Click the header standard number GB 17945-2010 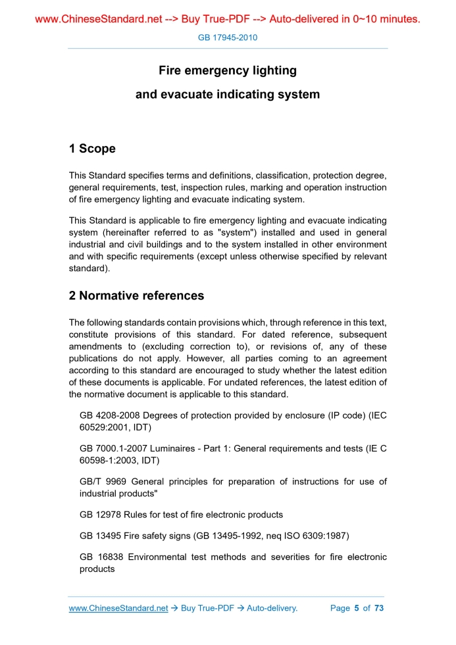click(x=228, y=38)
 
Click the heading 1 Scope click(x=92, y=149)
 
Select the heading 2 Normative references click(x=136, y=296)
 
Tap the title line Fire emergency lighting click(x=228, y=70)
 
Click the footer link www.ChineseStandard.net click(x=118, y=608)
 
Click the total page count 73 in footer click(x=378, y=608)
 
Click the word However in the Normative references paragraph click(x=205, y=359)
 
